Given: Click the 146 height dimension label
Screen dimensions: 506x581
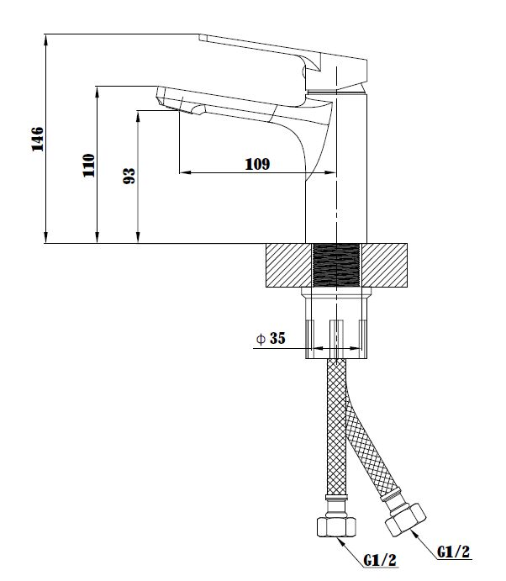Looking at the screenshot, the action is click(38, 139).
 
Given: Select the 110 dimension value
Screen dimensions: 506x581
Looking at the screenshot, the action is click(89, 166).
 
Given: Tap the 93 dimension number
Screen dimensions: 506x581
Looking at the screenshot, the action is click(129, 176).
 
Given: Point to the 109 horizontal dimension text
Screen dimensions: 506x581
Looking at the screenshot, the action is click(257, 164).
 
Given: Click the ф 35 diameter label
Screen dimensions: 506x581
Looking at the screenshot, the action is click(271, 338).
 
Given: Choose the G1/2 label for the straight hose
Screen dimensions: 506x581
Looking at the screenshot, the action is click(380, 560).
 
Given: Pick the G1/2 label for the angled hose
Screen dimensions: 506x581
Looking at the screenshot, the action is click(453, 552).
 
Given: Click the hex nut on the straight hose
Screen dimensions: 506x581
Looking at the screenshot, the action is click(336, 526).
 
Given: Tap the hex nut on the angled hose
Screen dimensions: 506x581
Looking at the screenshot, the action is click(406, 520).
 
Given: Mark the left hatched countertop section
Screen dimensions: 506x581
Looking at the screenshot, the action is click(289, 265).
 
